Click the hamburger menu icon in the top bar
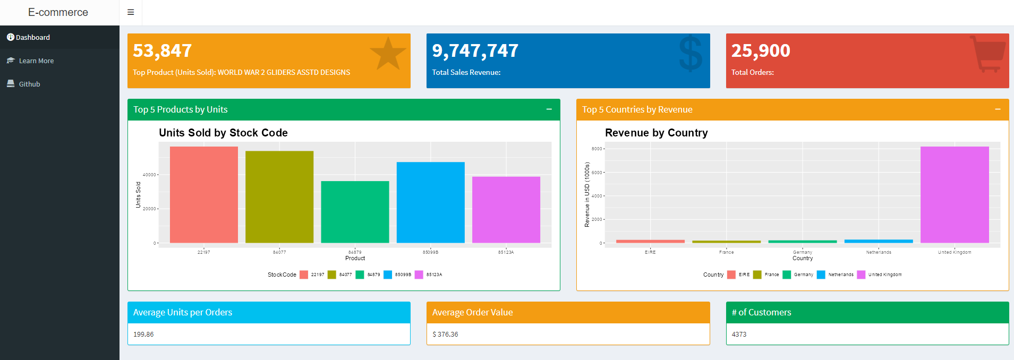pos(131,12)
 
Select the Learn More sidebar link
pos(36,61)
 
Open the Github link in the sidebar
pos(29,84)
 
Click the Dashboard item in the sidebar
pos(32,38)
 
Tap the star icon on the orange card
pos(388,54)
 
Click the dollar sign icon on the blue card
pos(691,54)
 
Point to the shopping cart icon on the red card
pos(988,54)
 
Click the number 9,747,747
pos(475,51)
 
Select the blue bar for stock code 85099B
pos(430,202)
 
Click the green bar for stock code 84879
pos(355,212)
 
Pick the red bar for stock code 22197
pos(204,194)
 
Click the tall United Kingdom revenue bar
pos(955,194)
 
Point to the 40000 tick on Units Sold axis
pos(149,175)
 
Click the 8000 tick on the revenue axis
pos(597,149)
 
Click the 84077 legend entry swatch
pos(332,275)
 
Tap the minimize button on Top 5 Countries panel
pos(998,109)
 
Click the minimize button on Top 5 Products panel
pos(549,109)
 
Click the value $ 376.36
pos(445,335)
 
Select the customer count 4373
pos(739,335)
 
